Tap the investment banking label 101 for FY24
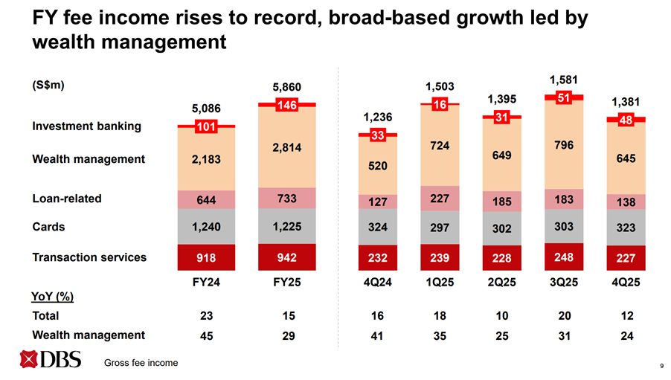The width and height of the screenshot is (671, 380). click(x=202, y=126)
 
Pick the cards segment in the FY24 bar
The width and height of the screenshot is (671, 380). click(x=202, y=228)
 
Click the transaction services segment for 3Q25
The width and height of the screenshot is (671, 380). click(x=564, y=257)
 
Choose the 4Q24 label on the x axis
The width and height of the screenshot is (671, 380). click(x=376, y=283)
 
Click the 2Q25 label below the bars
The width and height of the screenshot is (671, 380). click(x=501, y=283)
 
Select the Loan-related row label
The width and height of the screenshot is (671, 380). click(x=67, y=199)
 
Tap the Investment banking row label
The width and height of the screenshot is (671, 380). click(x=86, y=126)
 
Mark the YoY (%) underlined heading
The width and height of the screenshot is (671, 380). click(x=53, y=297)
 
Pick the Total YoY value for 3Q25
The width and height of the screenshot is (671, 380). click(x=564, y=315)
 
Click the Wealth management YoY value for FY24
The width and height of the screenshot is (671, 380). click(x=202, y=335)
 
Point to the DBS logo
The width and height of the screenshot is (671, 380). click(x=50, y=361)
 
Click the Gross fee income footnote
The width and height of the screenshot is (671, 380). click(x=141, y=363)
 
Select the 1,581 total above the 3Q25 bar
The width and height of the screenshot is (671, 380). click(x=564, y=80)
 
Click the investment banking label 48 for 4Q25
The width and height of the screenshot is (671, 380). click(x=626, y=120)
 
